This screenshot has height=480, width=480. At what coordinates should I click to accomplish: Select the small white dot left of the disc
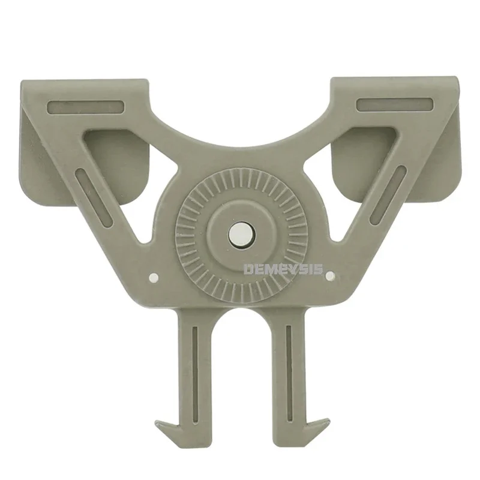(x=154, y=277)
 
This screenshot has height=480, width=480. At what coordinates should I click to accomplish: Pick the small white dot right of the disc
(x=329, y=276)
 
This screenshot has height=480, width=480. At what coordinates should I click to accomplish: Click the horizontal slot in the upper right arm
(x=395, y=104)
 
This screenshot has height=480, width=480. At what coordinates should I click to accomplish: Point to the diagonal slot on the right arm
(x=388, y=195)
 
